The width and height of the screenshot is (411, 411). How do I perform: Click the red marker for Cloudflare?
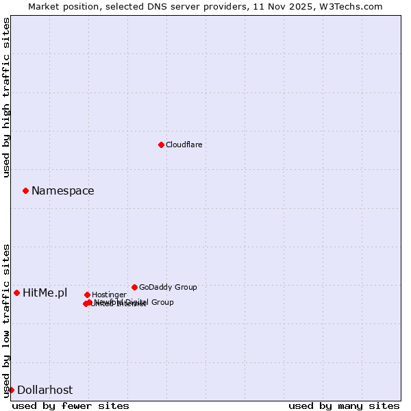point(161,145)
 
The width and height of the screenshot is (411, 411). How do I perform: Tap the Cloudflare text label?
point(184,145)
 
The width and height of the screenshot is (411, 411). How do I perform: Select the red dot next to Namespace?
point(25,190)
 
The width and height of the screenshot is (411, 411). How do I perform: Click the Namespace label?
point(62,191)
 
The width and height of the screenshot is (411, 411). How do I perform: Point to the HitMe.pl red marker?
point(16,292)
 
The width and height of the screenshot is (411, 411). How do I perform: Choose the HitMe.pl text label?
point(45,293)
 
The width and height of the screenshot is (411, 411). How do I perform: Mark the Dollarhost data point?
point(11,390)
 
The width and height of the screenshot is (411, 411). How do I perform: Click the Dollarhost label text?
point(45,390)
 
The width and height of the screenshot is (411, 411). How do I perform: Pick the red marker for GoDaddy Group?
point(134,287)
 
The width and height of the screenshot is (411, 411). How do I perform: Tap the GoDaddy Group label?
point(168,288)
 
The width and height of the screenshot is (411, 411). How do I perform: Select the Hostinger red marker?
point(87,295)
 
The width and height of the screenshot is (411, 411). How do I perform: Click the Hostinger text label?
point(109,295)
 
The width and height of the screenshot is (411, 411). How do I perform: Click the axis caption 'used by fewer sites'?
point(71,406)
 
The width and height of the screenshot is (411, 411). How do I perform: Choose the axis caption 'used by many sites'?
point(344,406)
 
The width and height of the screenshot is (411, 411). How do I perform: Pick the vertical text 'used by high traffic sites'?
point(7,97)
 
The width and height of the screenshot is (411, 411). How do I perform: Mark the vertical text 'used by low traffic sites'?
point(7,320)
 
